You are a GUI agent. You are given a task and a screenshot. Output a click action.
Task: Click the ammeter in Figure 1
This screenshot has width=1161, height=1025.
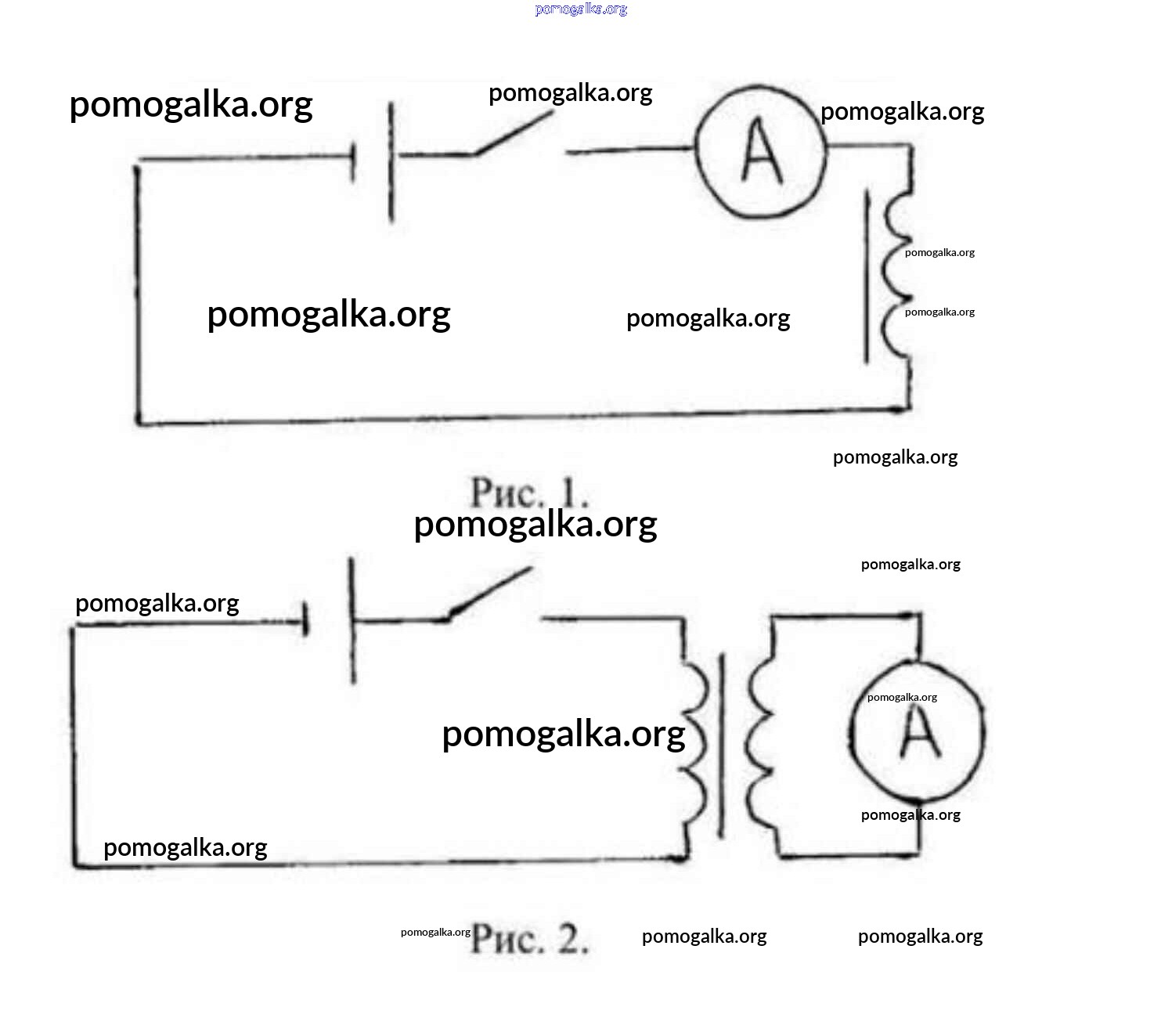(x=760, y=153)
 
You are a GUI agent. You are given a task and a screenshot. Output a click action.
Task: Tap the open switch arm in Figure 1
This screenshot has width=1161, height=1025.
(x=513, y=133)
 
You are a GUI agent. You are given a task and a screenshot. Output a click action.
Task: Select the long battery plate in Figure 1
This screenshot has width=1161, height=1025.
(x=391, y=162)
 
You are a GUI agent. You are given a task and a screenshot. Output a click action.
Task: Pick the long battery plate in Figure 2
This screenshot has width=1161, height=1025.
(x=352, y=620)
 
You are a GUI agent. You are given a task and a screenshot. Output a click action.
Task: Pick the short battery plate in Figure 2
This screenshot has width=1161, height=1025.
(x=306, y=623)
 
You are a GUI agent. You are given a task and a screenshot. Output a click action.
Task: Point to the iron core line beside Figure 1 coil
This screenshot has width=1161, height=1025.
(x=867, y=278)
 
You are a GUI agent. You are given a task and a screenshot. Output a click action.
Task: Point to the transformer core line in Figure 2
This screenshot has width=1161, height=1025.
(x=721, y=744)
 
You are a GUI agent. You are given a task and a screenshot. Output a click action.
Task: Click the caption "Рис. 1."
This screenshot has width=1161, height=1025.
(x=529, y=493)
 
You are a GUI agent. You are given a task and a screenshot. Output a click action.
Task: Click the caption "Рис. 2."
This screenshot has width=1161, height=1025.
(x=529, y=937)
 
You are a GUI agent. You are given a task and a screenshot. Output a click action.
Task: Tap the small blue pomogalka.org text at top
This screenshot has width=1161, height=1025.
(x=581, y=9)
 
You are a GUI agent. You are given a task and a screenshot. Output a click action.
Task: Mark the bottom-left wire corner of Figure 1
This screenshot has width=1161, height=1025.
(x=139, y=421)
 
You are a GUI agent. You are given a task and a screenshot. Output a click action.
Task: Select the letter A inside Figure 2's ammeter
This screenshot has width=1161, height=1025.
(x=919, y=734)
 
